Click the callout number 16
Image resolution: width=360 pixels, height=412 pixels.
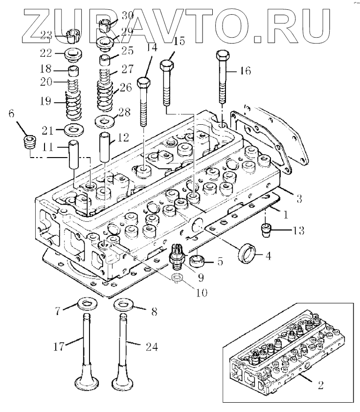click(x=245, y=71)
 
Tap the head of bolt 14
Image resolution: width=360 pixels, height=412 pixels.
click(x=144, y=82)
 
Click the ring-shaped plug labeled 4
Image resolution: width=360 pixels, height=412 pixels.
click(x=246, y=254)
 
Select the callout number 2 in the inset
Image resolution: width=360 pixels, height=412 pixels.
click(x=320, y=385)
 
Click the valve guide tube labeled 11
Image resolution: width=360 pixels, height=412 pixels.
click(x=73, y=154)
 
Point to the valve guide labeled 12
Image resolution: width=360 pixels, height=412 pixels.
click(x=106, y=143)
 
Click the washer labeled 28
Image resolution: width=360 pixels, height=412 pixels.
click(x=104, y=120)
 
